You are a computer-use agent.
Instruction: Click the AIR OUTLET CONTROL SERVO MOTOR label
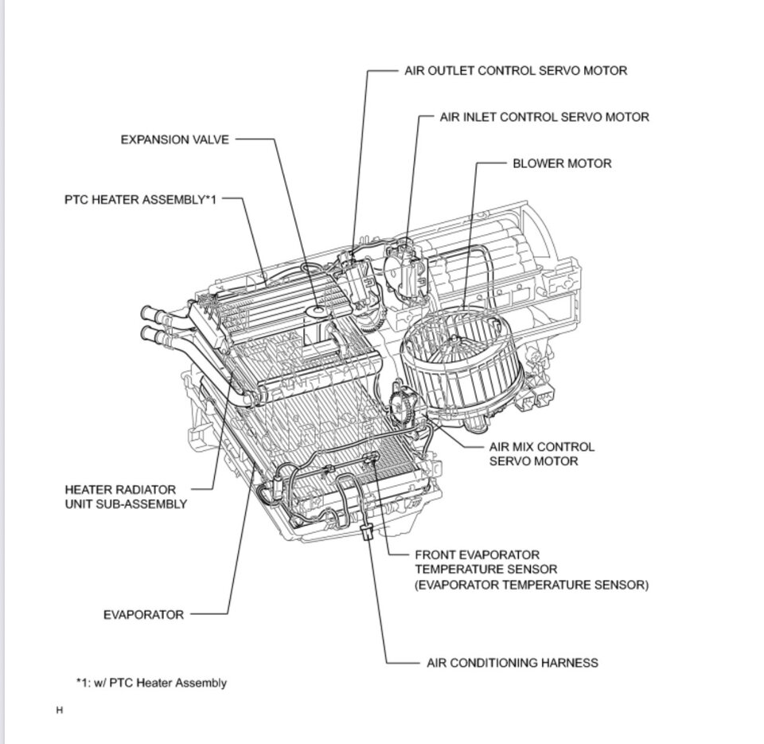point(516,71)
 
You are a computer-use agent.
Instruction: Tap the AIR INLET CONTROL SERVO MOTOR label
point(544,117)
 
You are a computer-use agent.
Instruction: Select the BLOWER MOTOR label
point(562,163)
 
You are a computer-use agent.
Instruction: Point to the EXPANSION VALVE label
point(174,139)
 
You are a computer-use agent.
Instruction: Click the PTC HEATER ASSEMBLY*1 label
point(140,200)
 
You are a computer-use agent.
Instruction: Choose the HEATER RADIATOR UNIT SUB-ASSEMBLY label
point(126,496)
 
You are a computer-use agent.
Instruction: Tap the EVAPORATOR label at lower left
point(143,614)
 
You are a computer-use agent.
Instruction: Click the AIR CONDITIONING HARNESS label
point(513,662)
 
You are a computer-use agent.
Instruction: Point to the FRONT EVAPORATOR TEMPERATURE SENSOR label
point(531,570)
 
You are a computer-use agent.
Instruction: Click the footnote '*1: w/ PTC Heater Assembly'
point(151,683)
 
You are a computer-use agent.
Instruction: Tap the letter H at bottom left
point(59,710)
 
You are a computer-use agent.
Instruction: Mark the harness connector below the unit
point(367,534)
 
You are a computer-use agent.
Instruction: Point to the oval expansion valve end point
point(318,307)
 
